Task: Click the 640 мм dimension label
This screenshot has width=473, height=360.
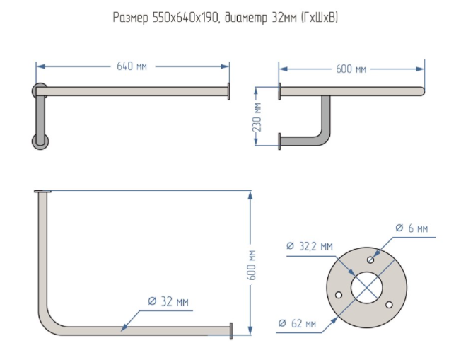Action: (132, 66)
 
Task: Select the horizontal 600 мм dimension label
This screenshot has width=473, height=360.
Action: (351, 69)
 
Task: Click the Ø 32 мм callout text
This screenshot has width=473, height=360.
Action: (168, 301)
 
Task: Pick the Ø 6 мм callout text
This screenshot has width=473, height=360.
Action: (411, 228)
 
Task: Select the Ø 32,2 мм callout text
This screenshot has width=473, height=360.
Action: (309, 246)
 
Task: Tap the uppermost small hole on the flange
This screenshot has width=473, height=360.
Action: (370, 260)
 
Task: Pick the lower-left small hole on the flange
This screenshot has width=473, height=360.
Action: (339, 294)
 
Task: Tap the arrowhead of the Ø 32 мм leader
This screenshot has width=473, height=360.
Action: (124, 328)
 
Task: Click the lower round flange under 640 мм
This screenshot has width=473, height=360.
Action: (40, 139)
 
